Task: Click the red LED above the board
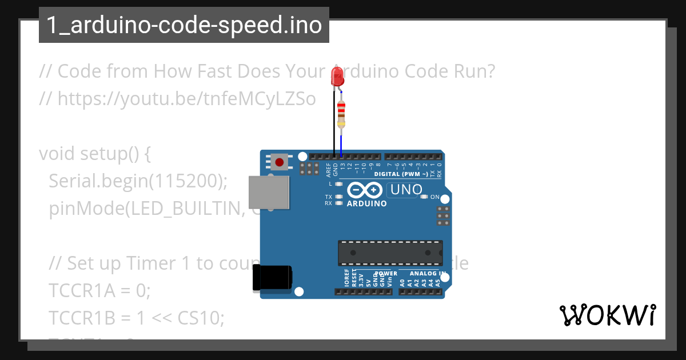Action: point(337,76)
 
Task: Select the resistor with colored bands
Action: point(341,113)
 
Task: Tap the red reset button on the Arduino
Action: point(279,162)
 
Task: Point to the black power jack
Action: point(273,278)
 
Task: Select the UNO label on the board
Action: point(405,190)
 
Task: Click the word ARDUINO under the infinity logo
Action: point(366,203)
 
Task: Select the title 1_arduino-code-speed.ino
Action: point(184,26)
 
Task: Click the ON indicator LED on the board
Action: point(424,197)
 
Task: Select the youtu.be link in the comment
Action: point(186,99)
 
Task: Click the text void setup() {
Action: point(94,154)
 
